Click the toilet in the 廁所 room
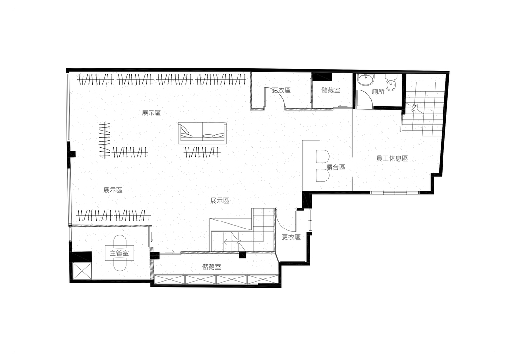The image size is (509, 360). pyautogui.click(x=391, y=82)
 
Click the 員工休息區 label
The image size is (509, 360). pyautogui.click(x=392, y=159)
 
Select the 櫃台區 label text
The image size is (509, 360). pyautogui.click(x=336, y=167)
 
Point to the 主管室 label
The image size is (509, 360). pyautogui.click(x=119, y=253)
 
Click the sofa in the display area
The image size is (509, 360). pyautogui.click(x=202, y=133)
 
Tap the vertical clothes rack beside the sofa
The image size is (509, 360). pyautogui.click(x=105, y=140)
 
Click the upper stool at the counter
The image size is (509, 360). pyautogui.click(x=322, y=156)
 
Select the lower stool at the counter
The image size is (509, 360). pyautogui.click(x=322, y=175)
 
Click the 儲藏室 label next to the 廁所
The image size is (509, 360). pyautogui.click(x=331, y=90)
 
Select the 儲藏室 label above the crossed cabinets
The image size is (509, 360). pyautogui.click(x=211, y=267)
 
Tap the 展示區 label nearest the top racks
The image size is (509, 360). pyautogui.click(x=151, y=113)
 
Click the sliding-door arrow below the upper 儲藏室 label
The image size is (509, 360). pyautogui.click(x=342, y=106)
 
